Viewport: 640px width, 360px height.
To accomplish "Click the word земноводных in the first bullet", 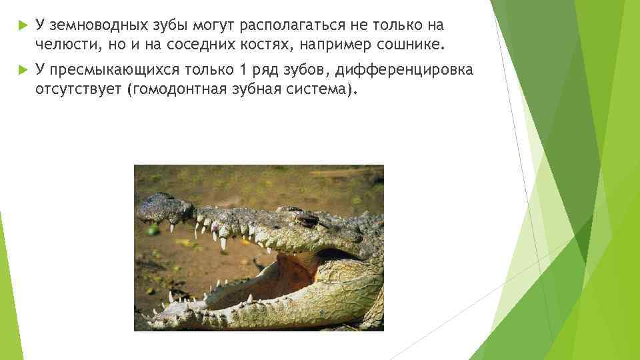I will [89, 25].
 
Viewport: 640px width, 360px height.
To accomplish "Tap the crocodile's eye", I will [305, 218].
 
